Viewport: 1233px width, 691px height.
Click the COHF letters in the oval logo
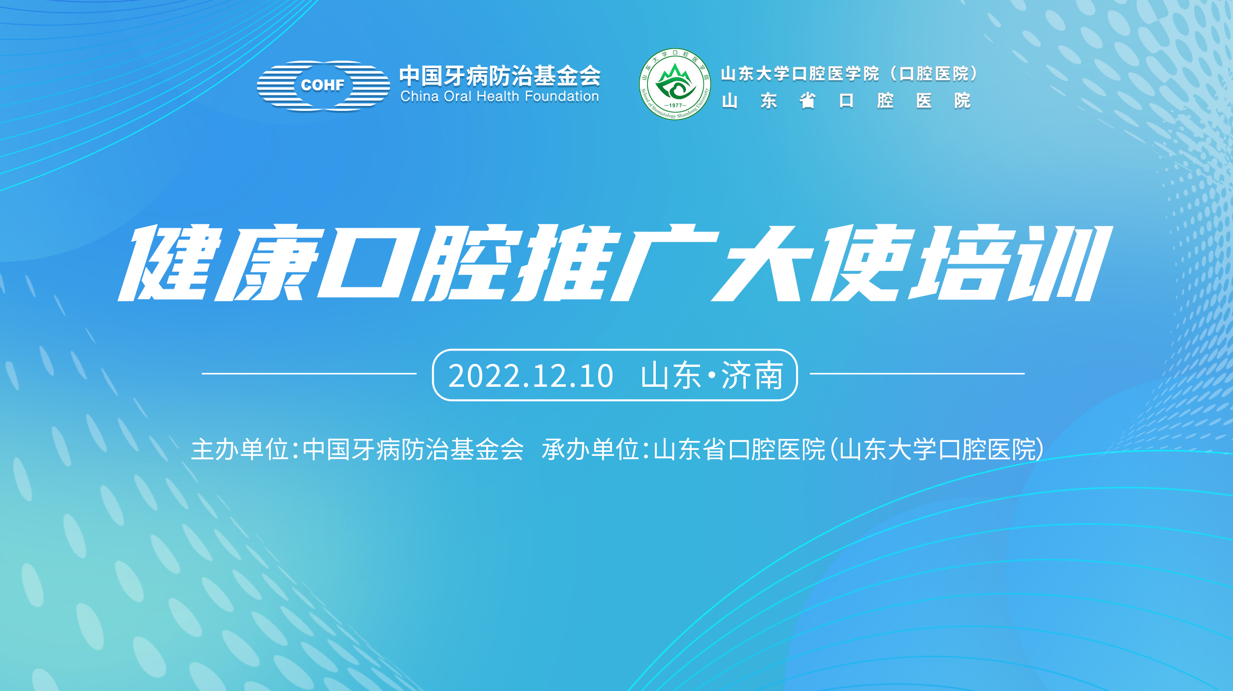[322, 86]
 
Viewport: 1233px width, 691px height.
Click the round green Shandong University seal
[675, 84]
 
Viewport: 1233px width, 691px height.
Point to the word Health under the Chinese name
[498, 96]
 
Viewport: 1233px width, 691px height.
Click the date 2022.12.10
[530, 376]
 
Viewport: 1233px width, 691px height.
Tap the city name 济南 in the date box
[752, 376]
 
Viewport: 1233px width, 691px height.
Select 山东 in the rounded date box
[671, 376]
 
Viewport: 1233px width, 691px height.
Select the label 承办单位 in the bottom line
[591, 450]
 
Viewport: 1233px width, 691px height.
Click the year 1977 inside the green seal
[675, 105]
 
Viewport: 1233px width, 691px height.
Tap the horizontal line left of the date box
[309, 373]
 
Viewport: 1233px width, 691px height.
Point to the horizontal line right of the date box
[917, 373]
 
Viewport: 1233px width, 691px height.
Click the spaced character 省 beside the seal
[807, 101]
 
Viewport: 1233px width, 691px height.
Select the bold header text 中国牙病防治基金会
[500, 76]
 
